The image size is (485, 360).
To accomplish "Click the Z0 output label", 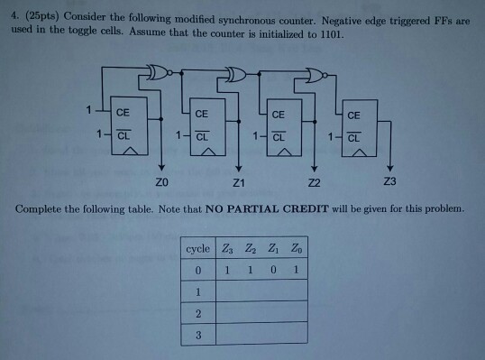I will (x=159, y=183).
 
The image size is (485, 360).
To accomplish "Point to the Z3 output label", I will (x=389, y=182).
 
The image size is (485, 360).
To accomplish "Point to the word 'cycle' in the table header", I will (x=197, y=248).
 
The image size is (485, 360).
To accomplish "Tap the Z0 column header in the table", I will (x=295, y=248).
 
